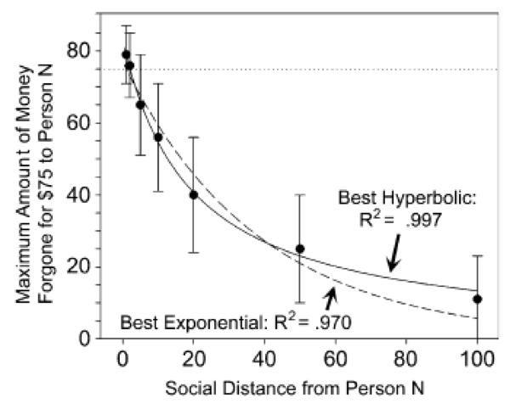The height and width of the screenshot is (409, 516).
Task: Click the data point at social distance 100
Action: [x=477, y=299]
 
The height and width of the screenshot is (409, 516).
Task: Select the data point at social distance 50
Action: [x=300, y=249]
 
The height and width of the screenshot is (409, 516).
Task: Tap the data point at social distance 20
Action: [x=194, y=194]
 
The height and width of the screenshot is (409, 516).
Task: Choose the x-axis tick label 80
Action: [x=406, y=356]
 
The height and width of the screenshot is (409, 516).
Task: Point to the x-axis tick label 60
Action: [x=335, y=356]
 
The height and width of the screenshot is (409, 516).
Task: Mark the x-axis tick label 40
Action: [x=264, y=356]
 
